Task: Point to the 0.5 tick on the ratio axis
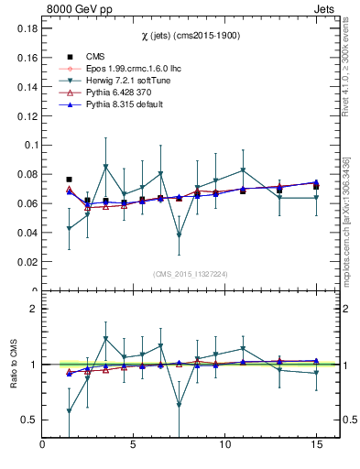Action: tap(27, 420)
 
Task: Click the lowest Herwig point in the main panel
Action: tap(179, 235)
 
